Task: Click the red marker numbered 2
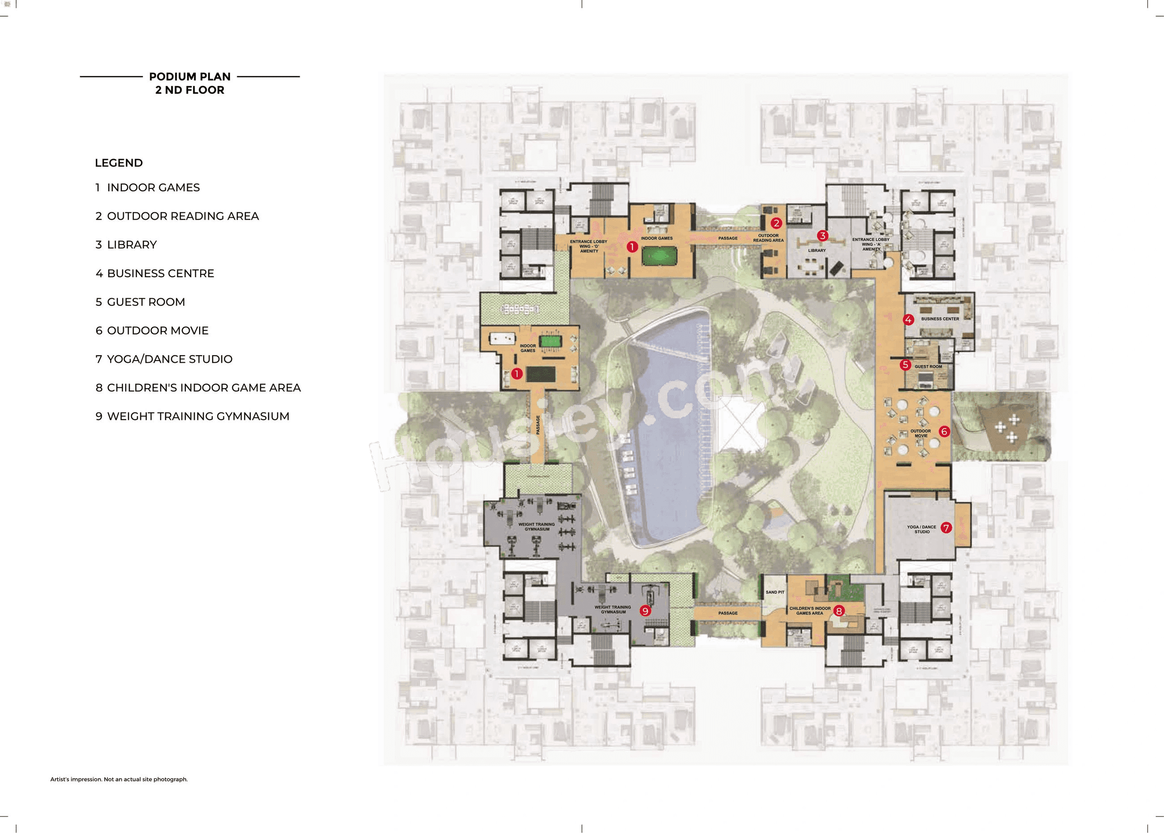coord(776,223)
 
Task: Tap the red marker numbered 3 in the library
coord(822,236)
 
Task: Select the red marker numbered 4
coord(908,320)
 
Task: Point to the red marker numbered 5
coord(905,365)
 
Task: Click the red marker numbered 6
coord(944,431)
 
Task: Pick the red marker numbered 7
coord(946,527)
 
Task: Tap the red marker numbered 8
coord(839,611)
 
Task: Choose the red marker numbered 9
coord(645,610)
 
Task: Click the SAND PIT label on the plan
coord(775,592)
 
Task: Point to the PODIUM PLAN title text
coord(190,77)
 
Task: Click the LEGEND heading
coord(119,163)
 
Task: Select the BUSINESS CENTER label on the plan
coord(940,319)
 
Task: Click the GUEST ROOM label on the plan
coord(928,367)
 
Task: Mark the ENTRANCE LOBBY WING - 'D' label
coord(589,246)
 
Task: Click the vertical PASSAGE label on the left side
coord(538,425)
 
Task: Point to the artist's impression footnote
coord(119,779)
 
